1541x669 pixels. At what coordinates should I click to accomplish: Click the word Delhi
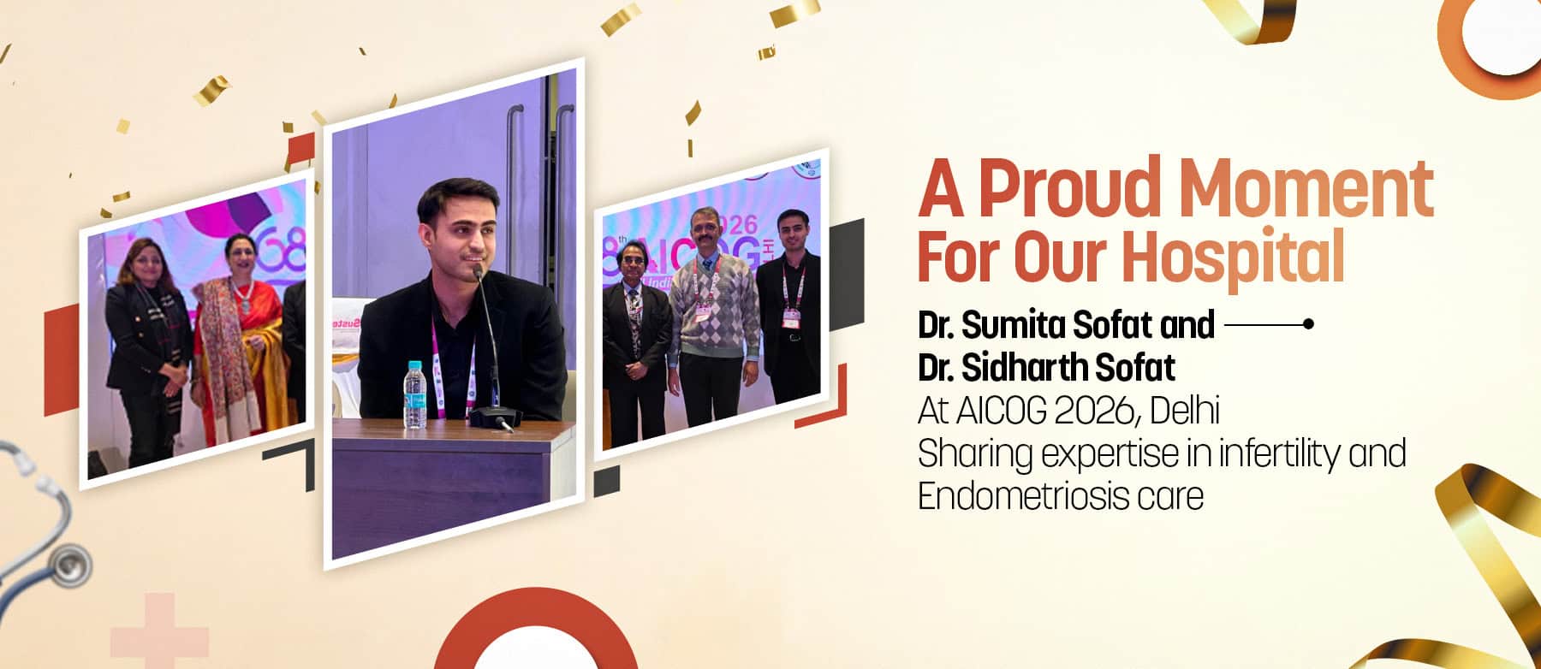coord(1185,411)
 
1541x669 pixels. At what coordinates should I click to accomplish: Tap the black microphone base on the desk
coord(495,418)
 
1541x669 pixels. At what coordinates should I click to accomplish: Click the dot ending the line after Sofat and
coord(1306,324)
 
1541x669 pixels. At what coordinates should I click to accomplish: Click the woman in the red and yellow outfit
coord(235,339)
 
